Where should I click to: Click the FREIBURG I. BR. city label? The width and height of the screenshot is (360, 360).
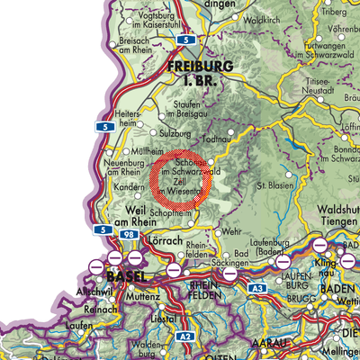click(201, 73)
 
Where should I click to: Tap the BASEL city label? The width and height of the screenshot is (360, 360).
click(124, 274)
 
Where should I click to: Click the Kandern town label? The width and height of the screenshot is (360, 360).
click(112, 193)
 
